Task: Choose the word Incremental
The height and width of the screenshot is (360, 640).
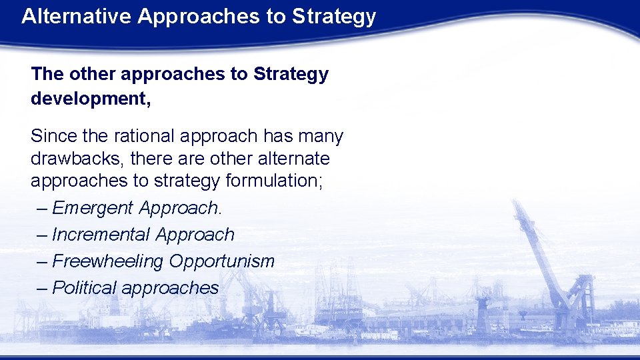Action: tap(101, 235)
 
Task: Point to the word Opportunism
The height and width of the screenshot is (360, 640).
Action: tap(221, 261)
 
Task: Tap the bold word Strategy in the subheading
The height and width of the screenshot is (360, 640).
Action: tap(291, 74)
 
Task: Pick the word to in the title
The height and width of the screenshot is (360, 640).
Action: tap(275, 16)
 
